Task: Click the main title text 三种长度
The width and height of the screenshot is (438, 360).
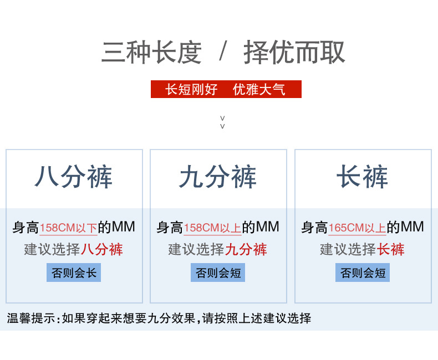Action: coord(151,53)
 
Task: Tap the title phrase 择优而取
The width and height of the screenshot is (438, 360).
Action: coord(294,53)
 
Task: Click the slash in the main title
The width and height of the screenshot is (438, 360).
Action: coord(223,53)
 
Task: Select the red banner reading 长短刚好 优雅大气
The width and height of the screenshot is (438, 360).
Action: coord(226,89)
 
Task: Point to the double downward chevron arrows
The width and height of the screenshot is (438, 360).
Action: coord(222,122)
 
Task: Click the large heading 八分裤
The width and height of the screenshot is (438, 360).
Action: coord(74,178)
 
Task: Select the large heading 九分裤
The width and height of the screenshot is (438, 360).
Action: coord(218,178)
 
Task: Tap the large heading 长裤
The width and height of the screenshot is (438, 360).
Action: coord(363,178)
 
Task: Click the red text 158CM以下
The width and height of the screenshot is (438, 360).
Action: coord(68,228)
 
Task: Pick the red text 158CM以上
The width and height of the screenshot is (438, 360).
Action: coord(212,228)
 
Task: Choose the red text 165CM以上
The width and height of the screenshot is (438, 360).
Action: coord(357,228)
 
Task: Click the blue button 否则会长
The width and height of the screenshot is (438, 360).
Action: coord(74,272)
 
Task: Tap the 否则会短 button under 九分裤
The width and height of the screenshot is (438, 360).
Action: coord(218,272)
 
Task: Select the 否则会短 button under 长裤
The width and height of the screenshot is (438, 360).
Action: coord(363,272)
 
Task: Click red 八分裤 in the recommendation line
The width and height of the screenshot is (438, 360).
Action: coord(102,249)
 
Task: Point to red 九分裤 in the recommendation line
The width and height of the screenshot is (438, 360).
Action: coord(246,249)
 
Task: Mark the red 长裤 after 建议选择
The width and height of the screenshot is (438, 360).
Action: coord(391,249)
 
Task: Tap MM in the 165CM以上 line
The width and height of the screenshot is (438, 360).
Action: coord(412,227)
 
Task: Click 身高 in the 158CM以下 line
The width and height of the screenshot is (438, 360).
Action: coord(26,228)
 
